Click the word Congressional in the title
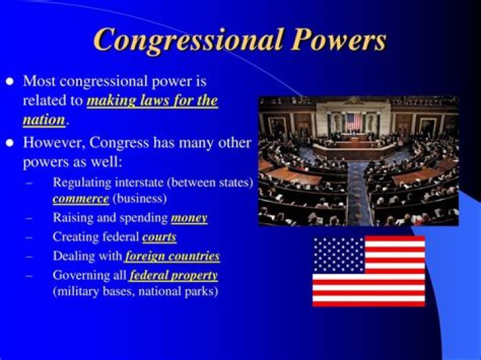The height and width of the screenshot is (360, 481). pos(186,39)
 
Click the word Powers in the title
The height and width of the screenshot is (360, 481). pos(337,39)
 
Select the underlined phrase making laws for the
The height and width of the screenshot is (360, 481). pos(152,102)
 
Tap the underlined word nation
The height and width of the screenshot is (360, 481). pos(43,120)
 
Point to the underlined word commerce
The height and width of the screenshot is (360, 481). pos(81,198)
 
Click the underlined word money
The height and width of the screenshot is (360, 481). pos(189,218)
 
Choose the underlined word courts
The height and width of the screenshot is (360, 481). pos(159,237)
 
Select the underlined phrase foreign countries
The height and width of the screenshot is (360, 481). pos(172,256)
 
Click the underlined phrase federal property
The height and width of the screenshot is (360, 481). pos(174,275)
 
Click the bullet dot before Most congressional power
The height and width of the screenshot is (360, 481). pos(9,81)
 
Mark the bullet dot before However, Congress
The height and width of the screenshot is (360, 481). pos(9,143)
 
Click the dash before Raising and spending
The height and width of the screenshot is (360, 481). pos(29,218)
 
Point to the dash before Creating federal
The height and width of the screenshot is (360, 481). pos(29,237)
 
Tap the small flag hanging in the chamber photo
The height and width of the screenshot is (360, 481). pos(353,121)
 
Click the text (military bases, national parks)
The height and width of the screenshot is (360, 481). pos(136,292)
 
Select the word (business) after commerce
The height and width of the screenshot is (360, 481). pos(140,198)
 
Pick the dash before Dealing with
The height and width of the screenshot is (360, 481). pos(29,256)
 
